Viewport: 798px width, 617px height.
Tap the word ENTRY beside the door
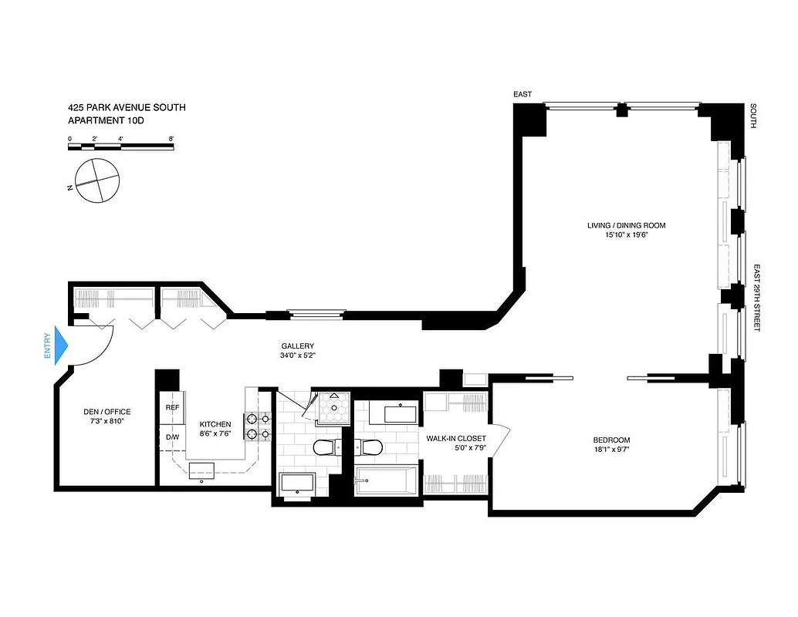point(48,346)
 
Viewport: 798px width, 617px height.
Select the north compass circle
point(97,181)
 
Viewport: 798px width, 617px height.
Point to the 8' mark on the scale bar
point(171,139)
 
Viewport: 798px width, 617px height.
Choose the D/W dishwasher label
point(173,437)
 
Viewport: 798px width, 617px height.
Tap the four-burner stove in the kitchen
point(258,426)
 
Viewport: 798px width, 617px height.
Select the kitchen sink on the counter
point(203,470)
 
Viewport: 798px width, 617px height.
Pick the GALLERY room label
point(297,346)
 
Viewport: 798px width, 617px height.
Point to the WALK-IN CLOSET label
point(456,438)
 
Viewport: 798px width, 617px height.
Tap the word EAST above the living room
point(523,94)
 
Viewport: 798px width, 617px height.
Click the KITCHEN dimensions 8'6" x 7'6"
point(215,434)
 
